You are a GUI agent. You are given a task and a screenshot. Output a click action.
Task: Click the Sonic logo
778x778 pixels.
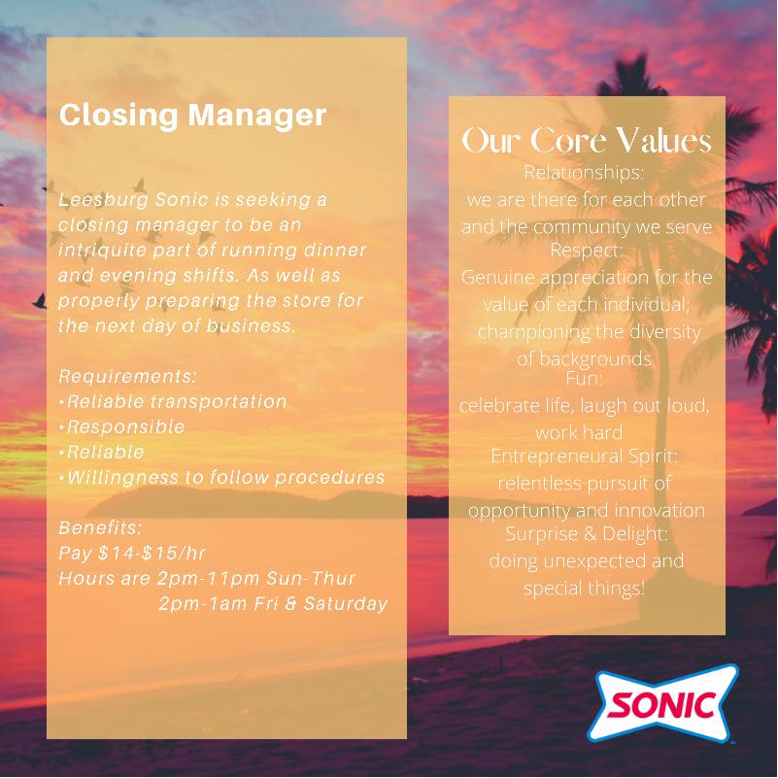pos(662,703)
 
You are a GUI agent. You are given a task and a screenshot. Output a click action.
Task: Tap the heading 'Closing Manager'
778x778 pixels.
pos(192,116)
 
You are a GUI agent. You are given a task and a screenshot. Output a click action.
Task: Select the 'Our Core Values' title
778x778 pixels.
pos(587,141)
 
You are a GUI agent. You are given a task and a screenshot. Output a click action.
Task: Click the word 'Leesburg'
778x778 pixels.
pos(103,200)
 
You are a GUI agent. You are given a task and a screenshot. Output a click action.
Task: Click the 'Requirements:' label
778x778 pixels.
pos(127,377)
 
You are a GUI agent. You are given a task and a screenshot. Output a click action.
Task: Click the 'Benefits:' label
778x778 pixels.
pos(100,527)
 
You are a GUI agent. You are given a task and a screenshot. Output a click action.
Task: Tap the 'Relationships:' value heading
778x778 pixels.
pos(584,173)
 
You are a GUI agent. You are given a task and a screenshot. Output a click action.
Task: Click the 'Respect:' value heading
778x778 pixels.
pos(586,250)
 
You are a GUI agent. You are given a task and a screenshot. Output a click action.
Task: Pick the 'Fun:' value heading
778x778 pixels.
pos(585,379)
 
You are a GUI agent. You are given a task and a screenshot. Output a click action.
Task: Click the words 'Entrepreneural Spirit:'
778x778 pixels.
pos(584,456)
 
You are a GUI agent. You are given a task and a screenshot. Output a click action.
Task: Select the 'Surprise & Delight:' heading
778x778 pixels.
pos(587,534)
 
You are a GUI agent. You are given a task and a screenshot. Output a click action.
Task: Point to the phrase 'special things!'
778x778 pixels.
pos(584,589)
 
